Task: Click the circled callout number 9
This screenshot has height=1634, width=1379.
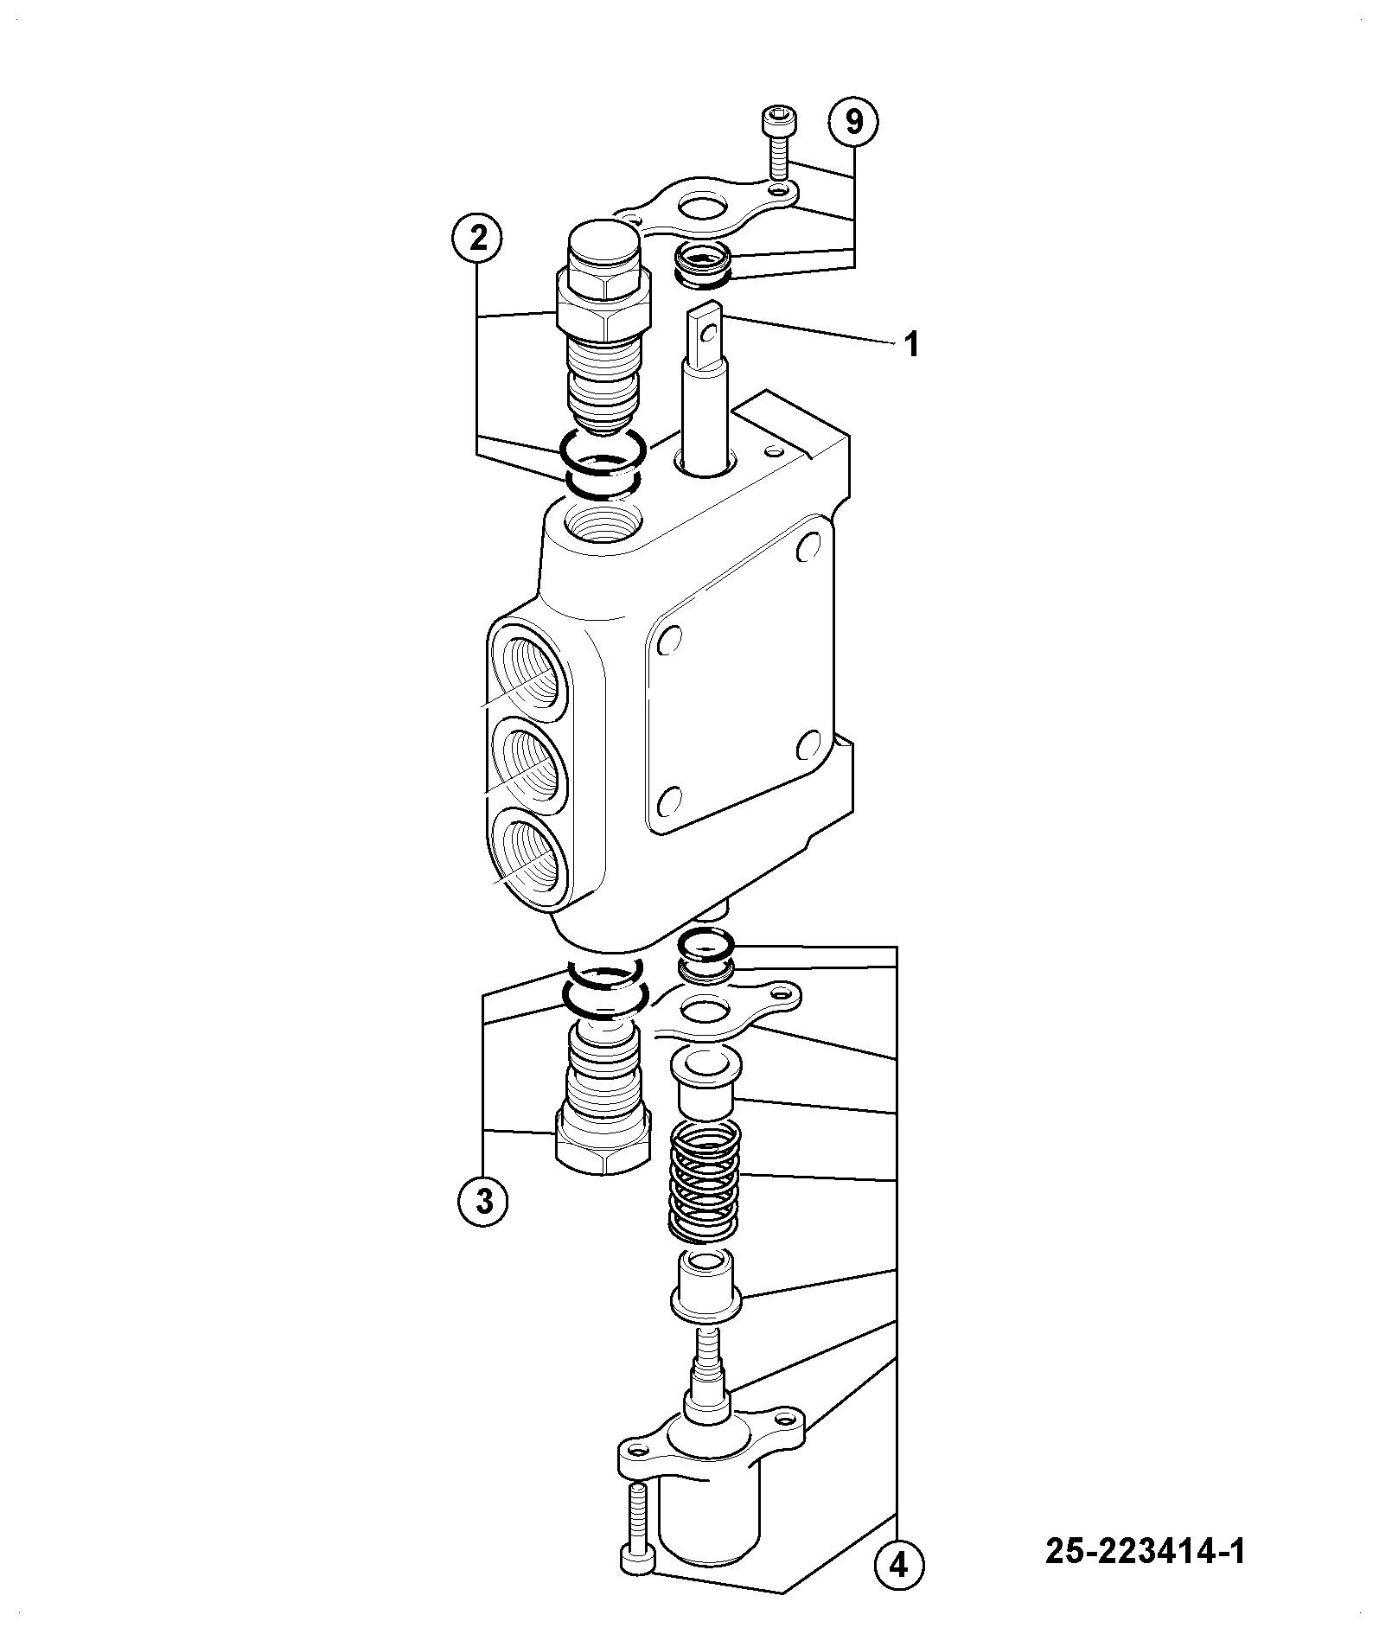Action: coord(853,123)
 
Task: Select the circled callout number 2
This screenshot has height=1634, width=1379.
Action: coord(478,238)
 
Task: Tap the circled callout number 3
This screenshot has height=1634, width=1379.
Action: coord(483,1201)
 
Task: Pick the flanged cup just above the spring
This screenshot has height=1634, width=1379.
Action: coord(705,1080)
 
